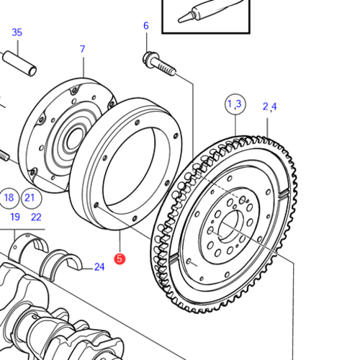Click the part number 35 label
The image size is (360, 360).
(x=17, y=32)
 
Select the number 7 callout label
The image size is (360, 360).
(x=82, y=49)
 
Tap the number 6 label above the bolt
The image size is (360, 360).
(x=145, y=26)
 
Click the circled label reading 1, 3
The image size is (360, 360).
(x=235, y=104)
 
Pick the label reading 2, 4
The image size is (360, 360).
(x=269, y=107)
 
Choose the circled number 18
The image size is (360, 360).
(x=9, y=198)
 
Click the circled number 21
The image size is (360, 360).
(x=30, y=198)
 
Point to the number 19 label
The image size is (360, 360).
(x=14, y=217)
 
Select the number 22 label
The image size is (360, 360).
(x=36, y=217)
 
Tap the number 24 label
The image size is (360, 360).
(x=99, y=268)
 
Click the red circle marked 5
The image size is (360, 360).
(x=120, y=257)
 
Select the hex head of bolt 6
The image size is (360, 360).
(x=150, y=58)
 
